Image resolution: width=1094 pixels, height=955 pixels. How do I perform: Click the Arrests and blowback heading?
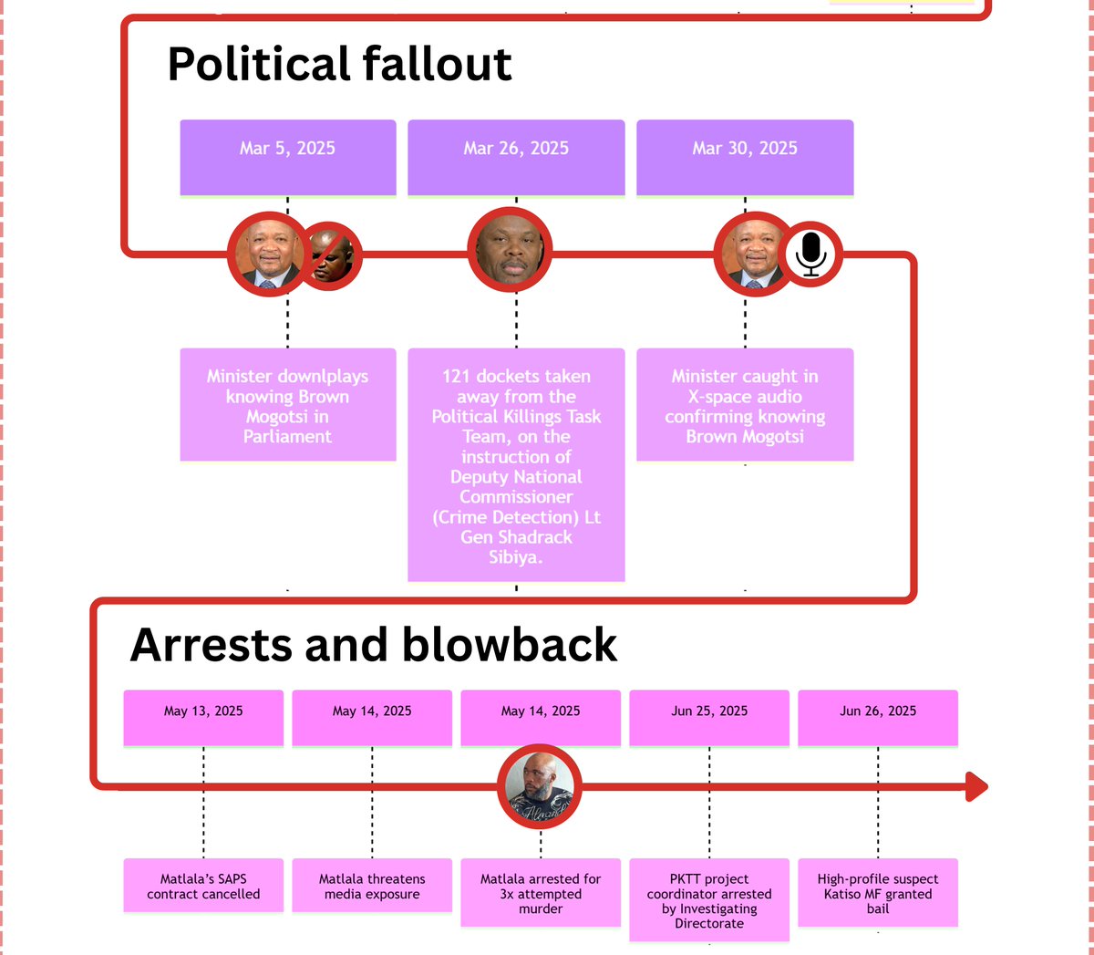point(373,646)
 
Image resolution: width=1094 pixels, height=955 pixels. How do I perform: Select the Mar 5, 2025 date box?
point(287,157)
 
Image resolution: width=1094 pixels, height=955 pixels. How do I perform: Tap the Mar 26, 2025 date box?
point(516,157)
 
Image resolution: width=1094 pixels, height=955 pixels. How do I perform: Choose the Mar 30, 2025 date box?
point(745,157)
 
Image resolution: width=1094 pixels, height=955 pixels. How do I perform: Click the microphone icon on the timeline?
point(810,254)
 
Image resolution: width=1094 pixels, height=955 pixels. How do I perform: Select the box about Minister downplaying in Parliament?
point(287,405)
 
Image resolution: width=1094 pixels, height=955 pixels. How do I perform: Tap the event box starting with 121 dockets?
point(516,464)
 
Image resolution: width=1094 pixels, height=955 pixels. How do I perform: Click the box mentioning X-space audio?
point(745,405)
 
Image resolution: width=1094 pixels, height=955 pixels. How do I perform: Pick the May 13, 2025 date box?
point(203,717)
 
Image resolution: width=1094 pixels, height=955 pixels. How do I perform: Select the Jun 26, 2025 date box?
point(878,717)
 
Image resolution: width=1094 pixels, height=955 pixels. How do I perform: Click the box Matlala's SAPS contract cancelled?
point(203,886)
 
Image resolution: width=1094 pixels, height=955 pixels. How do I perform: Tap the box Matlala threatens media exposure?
point(372,886)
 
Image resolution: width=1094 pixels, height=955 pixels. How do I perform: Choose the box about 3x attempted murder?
point(541,893)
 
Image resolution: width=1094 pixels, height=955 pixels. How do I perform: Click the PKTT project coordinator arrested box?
point(709,900)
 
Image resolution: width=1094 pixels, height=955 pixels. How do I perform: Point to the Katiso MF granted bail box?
point(878,893)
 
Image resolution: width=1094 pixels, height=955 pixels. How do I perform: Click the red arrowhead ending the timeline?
point(976,786)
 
